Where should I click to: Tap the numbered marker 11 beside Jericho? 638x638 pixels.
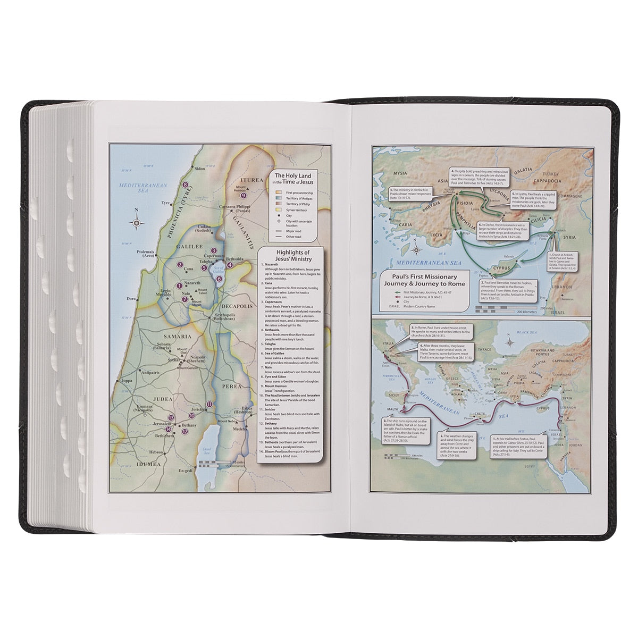pos(209,404)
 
